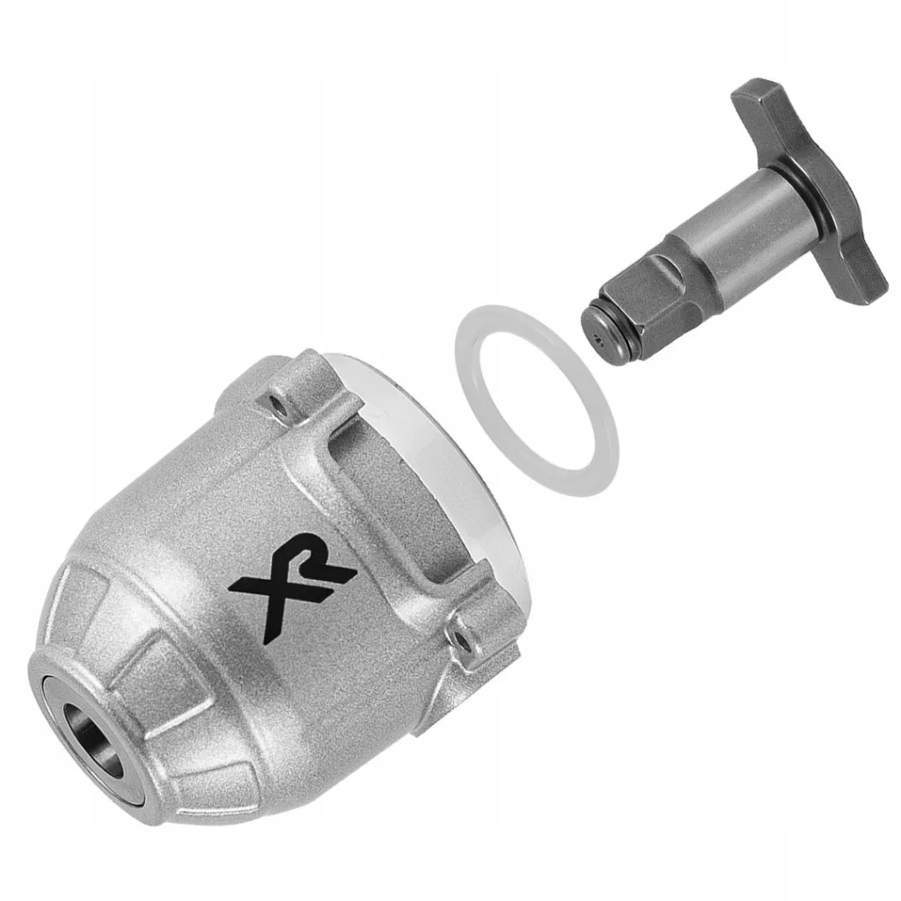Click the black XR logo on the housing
290,583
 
